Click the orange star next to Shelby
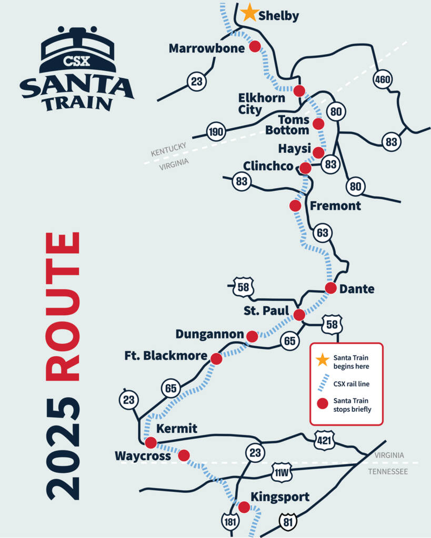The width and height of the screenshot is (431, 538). click(249, 13)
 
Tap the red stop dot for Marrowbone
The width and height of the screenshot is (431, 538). click(255, 46)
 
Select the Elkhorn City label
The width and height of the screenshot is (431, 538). click(261, 104)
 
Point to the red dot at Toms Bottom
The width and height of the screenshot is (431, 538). click(318, 123)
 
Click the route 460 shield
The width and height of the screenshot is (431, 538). click(383, 80)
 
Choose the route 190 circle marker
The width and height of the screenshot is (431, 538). click(215, 131)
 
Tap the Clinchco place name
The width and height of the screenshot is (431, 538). click(268, 166)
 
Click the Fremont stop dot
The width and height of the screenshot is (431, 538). click(295, 205)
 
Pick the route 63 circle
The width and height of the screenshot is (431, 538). click(323, 233)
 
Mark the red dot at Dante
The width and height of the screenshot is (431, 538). click(330, 288)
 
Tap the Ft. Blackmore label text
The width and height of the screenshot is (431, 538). click(166, 356)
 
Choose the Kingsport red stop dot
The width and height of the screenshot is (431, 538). click(244, 507)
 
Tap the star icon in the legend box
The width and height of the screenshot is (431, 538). click(322, 359)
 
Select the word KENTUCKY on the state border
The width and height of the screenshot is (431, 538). click(168, 149)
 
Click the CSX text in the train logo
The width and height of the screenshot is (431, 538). click(76, 61)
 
